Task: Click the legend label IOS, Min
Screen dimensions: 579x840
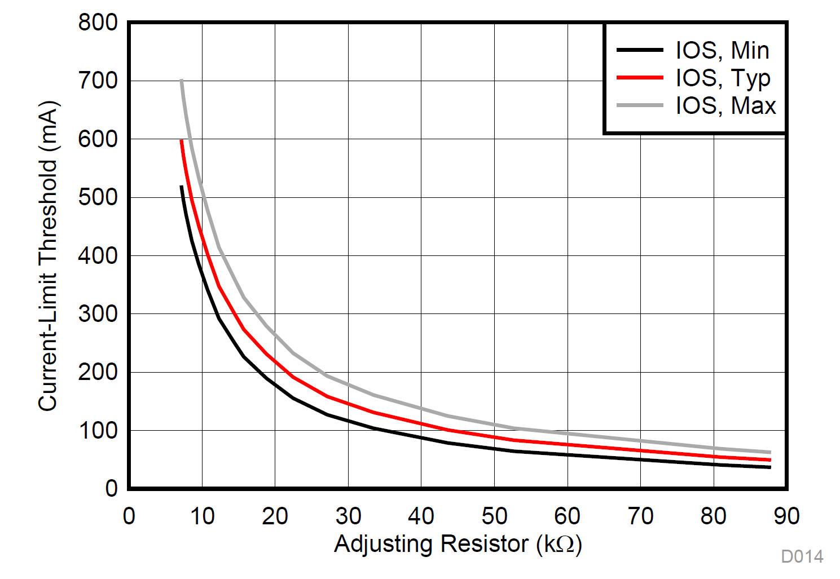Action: click(x=722, y=51)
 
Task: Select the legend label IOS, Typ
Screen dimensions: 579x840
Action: click(x=723, y=78)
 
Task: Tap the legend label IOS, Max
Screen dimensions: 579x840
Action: click(x=725, y=106)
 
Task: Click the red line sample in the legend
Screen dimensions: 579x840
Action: click(x=640, y=77)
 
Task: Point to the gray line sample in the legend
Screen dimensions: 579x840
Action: click(x=640, y=105)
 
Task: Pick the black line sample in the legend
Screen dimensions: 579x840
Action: click(x=640, y=50)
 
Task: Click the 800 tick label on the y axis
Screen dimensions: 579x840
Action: click(x=98, y=23)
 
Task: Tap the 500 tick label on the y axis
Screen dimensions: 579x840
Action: click(x=98, y=197)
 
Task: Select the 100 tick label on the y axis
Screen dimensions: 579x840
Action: click(x=98, y=430)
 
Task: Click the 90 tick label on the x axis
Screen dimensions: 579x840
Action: click(x=786, y=516)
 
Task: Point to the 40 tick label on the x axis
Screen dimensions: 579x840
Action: click(x=421, y=516)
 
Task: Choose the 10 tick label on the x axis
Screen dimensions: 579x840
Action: click(x=201, y=516)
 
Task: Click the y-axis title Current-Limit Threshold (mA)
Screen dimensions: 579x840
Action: click(x=48, y=255)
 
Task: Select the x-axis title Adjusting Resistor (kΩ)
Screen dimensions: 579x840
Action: click(x=458, y=544)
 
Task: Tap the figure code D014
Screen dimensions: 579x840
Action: click(x=802, y=556)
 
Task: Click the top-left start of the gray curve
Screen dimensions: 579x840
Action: click(x=181, y=81)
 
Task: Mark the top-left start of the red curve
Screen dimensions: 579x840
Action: click(x=181, y=140)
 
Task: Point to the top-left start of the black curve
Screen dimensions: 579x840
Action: click(x=181, y=187)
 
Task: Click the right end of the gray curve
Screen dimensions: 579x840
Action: click(x=770, y=452)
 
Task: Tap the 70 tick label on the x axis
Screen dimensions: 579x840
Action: click(x=640, y=516)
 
